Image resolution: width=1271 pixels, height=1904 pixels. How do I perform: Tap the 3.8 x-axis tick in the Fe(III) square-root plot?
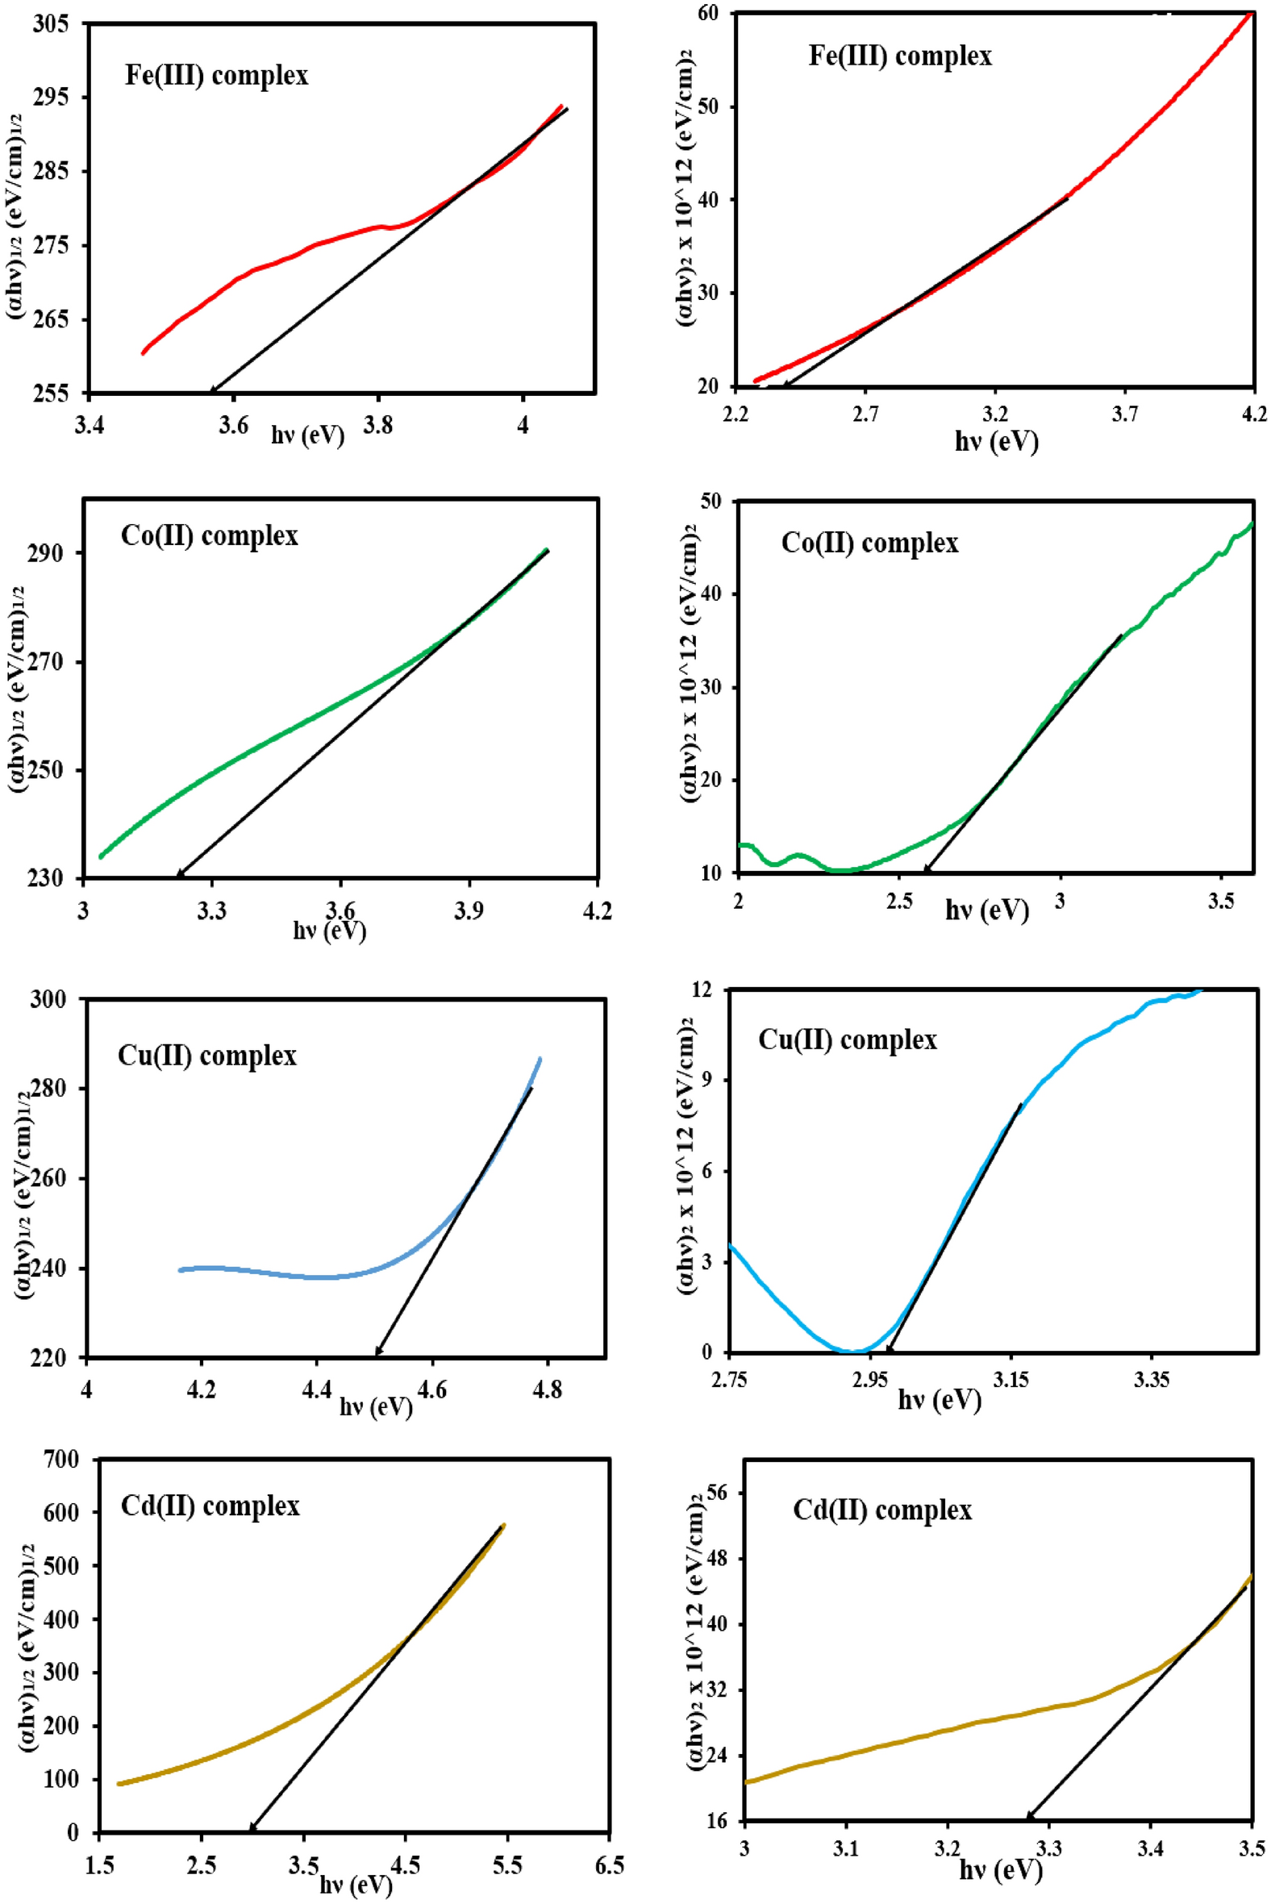377,425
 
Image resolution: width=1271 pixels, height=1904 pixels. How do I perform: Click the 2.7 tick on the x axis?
865,415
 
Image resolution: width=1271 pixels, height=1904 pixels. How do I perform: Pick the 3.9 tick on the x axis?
469,910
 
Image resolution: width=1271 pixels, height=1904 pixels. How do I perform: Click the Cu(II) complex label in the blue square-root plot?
207,1056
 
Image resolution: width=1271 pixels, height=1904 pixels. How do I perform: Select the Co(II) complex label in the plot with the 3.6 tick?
209,535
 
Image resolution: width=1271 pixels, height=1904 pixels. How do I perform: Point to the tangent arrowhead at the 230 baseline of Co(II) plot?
179,875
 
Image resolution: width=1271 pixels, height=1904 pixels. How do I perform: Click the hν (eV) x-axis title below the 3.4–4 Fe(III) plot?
307,435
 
